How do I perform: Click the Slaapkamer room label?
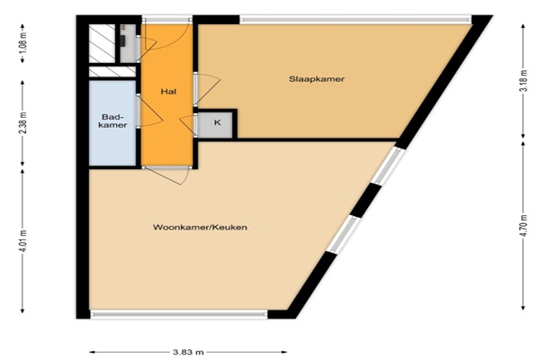317,79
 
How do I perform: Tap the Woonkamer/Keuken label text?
200,228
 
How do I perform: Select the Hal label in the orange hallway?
168,92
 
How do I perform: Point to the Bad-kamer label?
112,121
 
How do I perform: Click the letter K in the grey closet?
217,122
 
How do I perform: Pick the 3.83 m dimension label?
188,352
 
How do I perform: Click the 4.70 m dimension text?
524,226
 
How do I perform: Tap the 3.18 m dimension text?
524,81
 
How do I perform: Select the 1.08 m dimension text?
23,42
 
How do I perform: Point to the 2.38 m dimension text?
23,123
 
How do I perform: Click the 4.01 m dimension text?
23,241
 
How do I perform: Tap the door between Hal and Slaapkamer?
207,89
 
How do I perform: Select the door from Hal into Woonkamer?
166,175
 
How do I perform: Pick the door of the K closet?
189,124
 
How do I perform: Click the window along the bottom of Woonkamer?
179,314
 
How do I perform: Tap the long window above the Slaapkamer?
355,20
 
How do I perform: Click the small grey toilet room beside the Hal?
128,43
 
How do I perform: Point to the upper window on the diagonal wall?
388,166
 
